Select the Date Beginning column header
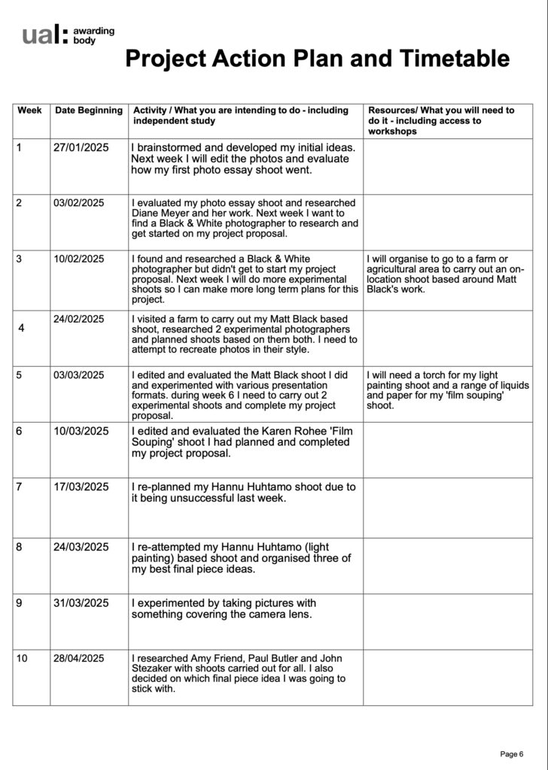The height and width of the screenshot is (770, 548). pyautogui.click(x=89, y=111)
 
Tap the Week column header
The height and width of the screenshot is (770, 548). pyautogui.click(x=29, y=111)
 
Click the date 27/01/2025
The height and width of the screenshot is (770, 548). pyautogui.click(x=81, y=148)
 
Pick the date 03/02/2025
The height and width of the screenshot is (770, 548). pyautogui.click(x=79, y=203)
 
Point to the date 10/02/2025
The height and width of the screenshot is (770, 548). pyautogui.click(x=79, y=259)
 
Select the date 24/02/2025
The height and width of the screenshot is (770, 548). pyautogui.click(x=79, y=319)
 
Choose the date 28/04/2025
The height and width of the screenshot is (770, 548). pyautogui.click(x=79, y=659)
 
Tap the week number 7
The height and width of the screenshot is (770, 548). pyautogui.click(x=19, y=487)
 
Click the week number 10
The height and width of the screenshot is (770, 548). pyautogui.click(x=22, y=659)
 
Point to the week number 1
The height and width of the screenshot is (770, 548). pyautogui.click(x=19, y=148)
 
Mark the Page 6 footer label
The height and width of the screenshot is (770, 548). pyautogui.click(x=511, y=753)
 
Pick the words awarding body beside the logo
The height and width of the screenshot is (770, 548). pyautogui.click(x=94, y=35)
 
